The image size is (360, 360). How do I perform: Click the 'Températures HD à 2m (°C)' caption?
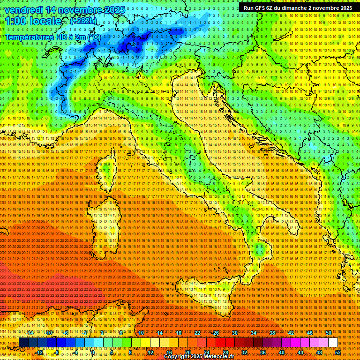pyautogui.click(x=52, y=37)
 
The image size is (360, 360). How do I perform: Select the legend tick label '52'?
pyautogui.click(x=337, y=352)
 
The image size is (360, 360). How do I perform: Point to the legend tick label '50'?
pyautogui.click(x=329, y=333)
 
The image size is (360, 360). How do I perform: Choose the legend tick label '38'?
pyautogui.click(x=272, y=333)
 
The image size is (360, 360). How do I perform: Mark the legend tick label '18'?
pyautogui.click(x=179, y=333)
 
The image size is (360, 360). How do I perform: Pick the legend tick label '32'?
pyautogui.click(x=244, y=352)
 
